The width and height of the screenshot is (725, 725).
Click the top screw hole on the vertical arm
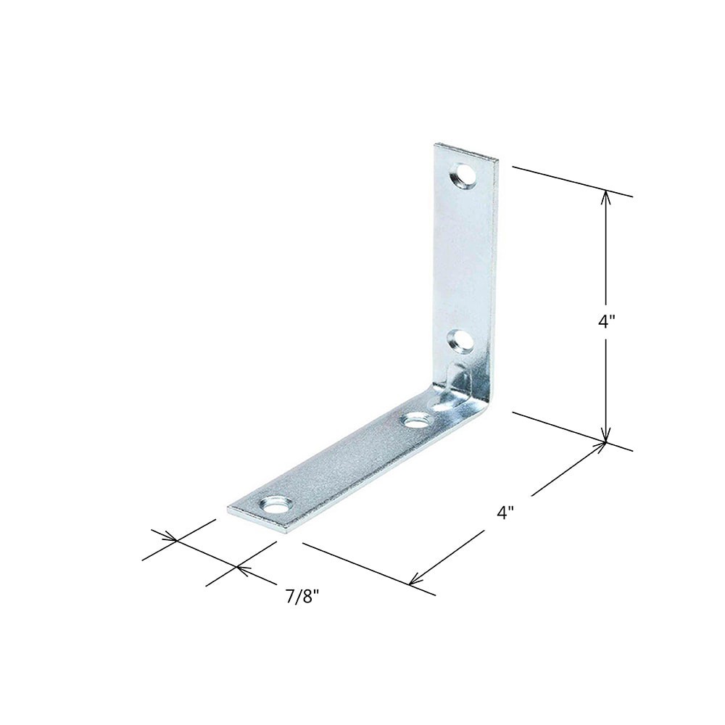pyautogui.click(x=462, y=175)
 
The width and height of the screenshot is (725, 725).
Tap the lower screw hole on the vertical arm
pyautogui.click(x=459, y=339)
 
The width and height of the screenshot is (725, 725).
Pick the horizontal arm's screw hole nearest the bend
pyautogui.click(x=416, y=419)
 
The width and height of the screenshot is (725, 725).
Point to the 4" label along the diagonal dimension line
pyautogui.click(x=505, y=513)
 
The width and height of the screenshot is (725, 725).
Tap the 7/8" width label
pyautogui.click(x=302, y=597)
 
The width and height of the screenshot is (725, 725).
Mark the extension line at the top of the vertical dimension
pyautogui.click(x=573, y=182)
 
